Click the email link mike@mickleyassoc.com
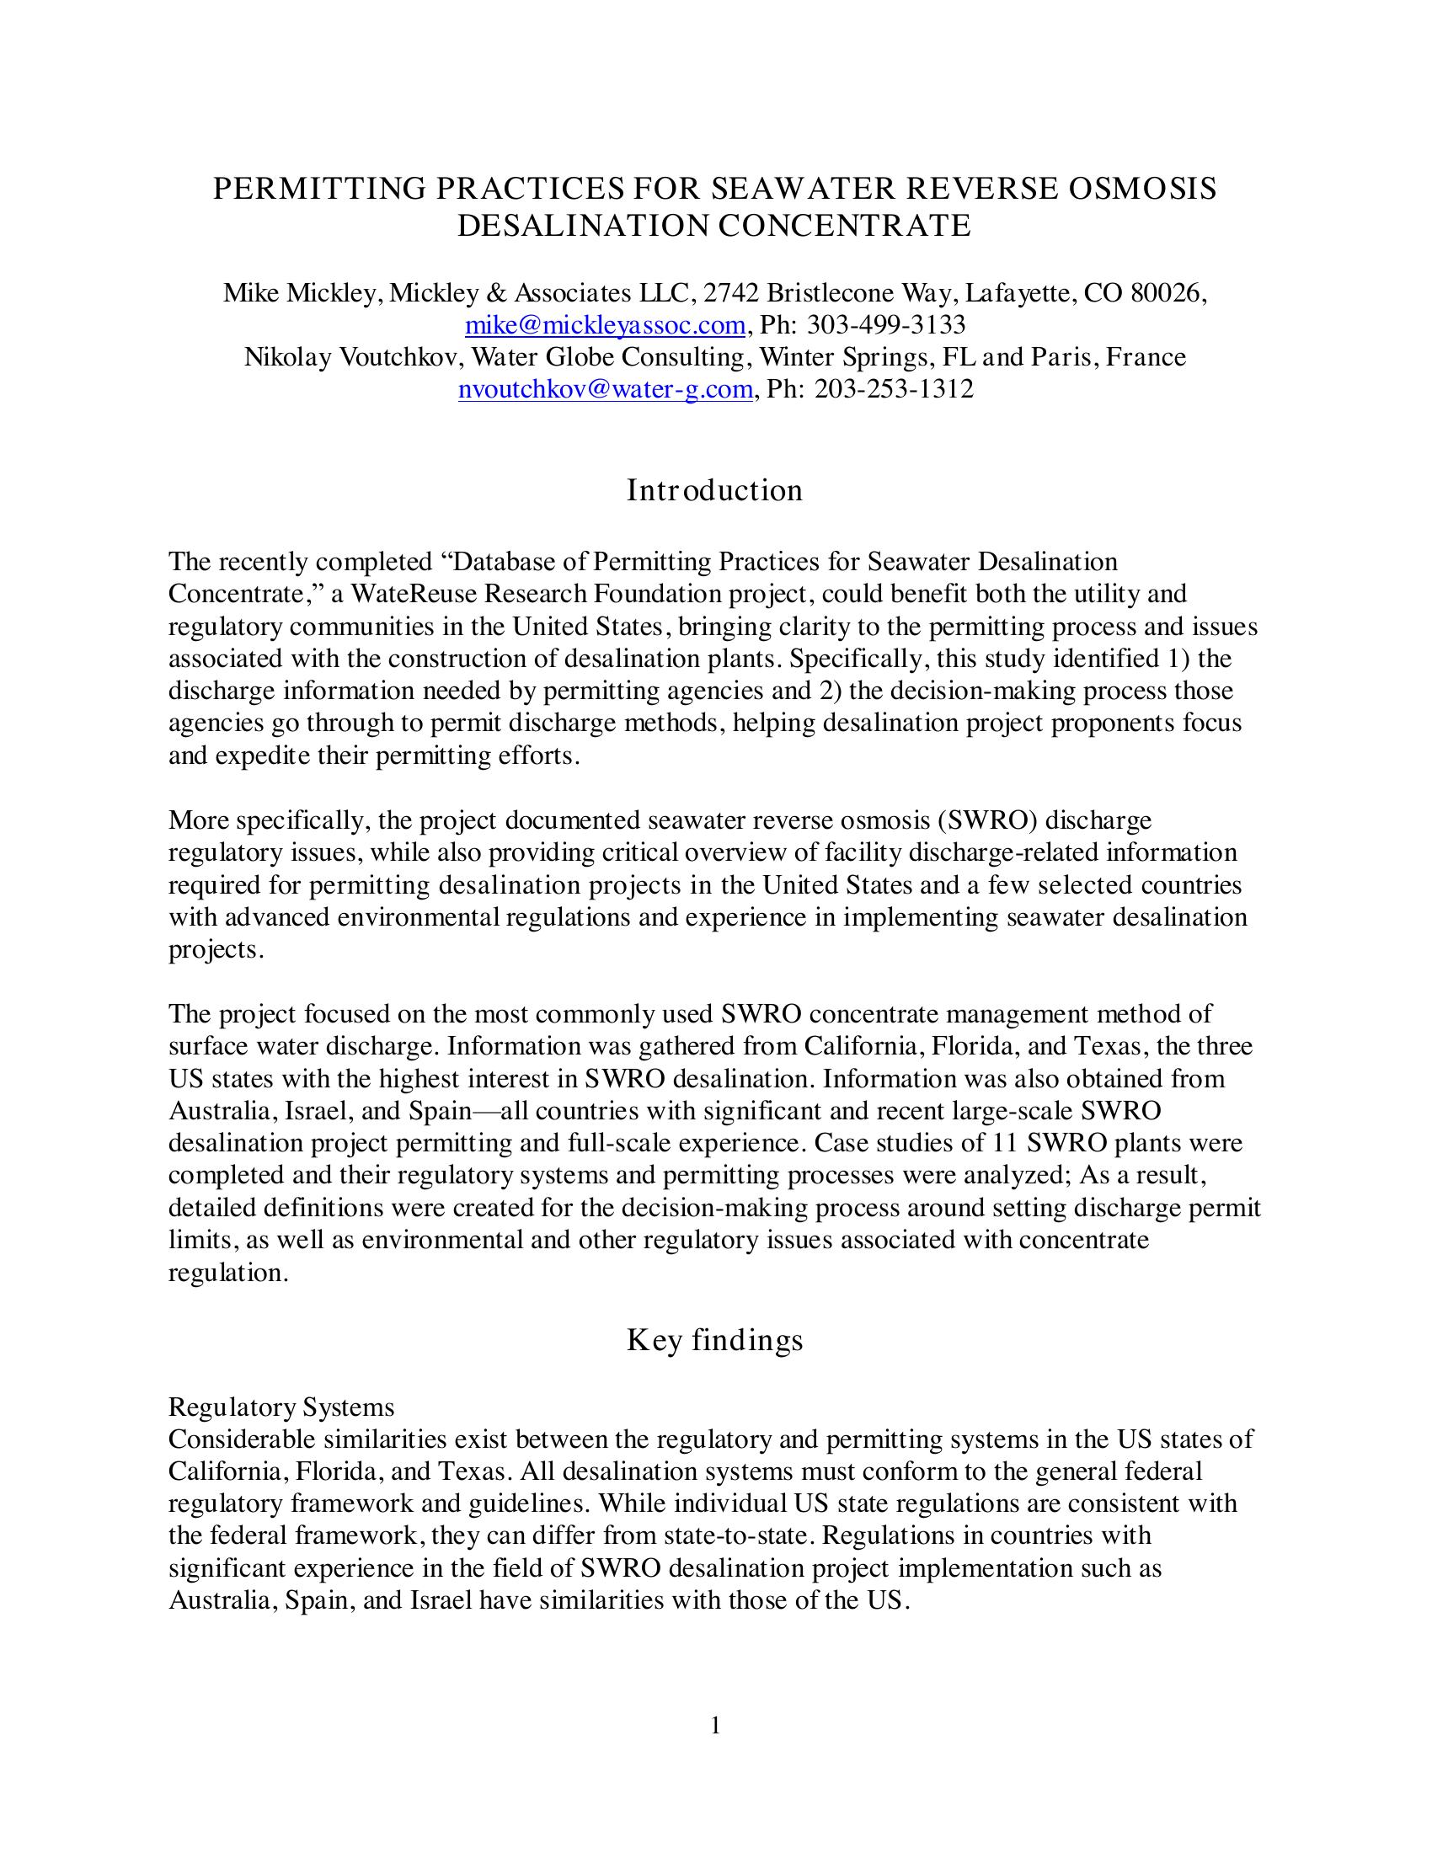point(605,325)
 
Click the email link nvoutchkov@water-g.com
point(605,389)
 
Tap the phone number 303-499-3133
point(885,325)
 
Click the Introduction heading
point(714,490)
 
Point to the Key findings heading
point(714,1340)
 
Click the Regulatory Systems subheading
point(281,1407)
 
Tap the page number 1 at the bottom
point(715,1726)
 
